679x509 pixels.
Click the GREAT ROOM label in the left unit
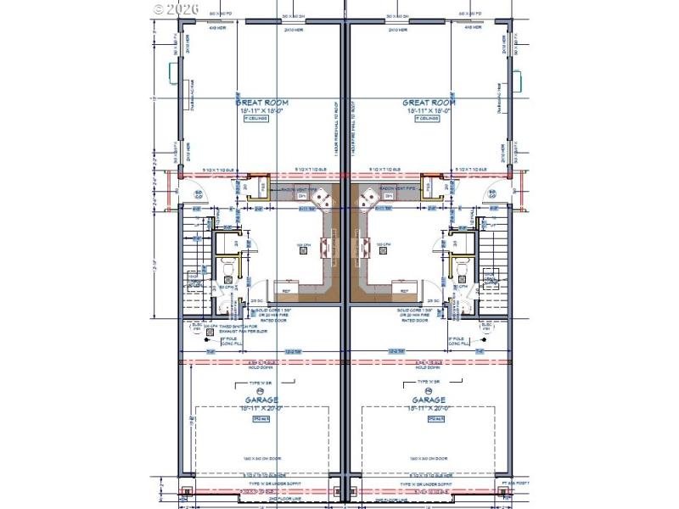[256, 102]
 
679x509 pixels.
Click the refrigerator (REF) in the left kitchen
[286, 291]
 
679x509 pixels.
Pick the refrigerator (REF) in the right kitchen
[404, 291]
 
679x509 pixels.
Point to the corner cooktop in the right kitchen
[370, 201]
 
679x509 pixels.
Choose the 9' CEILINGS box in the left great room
[256, 119]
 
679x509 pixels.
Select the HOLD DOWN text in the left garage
[256, 367]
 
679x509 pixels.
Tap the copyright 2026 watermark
[177, 8]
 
